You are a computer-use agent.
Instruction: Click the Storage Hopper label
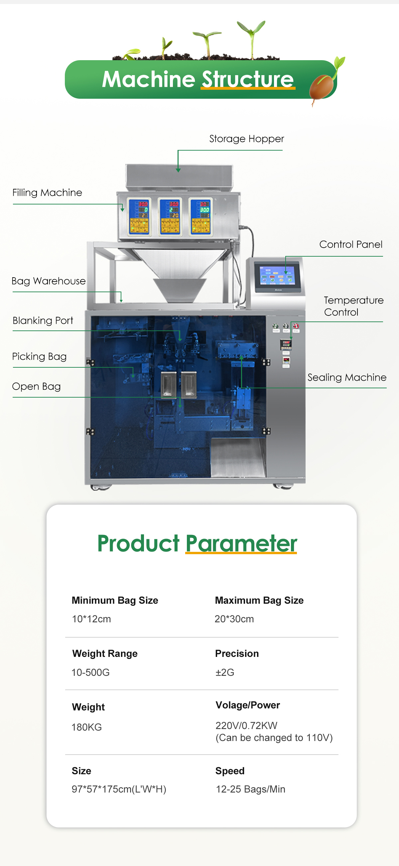click(246, 139)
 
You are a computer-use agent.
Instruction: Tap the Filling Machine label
click(47, 192)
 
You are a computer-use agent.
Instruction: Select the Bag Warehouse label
click(49, 281)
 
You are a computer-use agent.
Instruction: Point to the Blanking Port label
click(43, 321)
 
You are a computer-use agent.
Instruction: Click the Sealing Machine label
click(347, 378)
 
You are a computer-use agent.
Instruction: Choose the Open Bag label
click(36, 387)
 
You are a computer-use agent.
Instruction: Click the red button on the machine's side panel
click(296, 326)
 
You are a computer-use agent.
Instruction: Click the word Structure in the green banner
click(248, 79)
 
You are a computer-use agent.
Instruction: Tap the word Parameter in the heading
click(241, 544)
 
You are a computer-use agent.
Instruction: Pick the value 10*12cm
click(91, 619)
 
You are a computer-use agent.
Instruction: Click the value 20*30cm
click(234, 619)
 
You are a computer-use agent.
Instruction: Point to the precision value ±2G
click(224, 673)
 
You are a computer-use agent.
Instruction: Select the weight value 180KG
click(86, 727)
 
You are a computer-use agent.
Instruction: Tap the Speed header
click(230, 771)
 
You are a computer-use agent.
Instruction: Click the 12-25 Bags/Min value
click(250, 789)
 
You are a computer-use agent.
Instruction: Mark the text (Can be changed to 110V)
click(274, 738)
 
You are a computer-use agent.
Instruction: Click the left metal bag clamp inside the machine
click(168, 385)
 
